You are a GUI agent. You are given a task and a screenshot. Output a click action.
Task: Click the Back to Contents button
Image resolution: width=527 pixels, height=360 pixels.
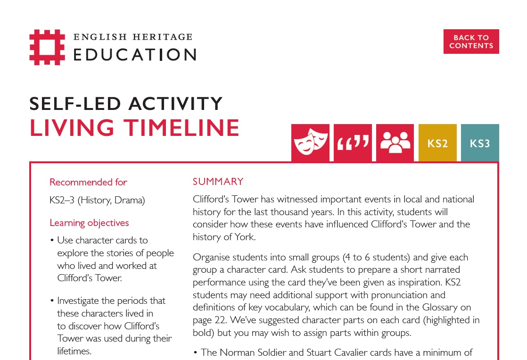(x=471, y=42)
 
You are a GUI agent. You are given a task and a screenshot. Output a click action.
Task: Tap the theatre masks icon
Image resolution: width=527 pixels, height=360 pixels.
(x=310, y=143)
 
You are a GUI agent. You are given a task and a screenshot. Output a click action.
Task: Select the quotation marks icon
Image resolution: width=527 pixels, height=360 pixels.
(x=353, y=143)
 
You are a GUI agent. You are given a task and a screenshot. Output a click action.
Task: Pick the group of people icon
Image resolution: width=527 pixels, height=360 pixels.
(x=395, y=143)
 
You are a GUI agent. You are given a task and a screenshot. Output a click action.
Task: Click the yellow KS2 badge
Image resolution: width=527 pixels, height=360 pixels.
(x=437, y=143)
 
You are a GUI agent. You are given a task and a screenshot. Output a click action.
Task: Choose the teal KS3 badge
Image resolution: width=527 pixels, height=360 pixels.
(x=480, y=143)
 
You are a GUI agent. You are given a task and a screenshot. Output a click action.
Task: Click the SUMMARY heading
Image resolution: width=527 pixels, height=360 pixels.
(x=218, y=182)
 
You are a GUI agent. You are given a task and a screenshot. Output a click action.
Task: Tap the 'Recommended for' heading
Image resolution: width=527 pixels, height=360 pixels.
(x=88, y=182)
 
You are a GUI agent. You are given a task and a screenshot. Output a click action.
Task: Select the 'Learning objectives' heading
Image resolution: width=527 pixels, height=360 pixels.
(x=89, y=223)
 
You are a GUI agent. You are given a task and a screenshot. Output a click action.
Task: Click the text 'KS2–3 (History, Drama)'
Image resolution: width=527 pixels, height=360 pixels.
(x=97, y=200)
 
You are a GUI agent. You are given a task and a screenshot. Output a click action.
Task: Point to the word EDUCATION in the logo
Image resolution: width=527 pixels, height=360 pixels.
(x=135, y=54)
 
